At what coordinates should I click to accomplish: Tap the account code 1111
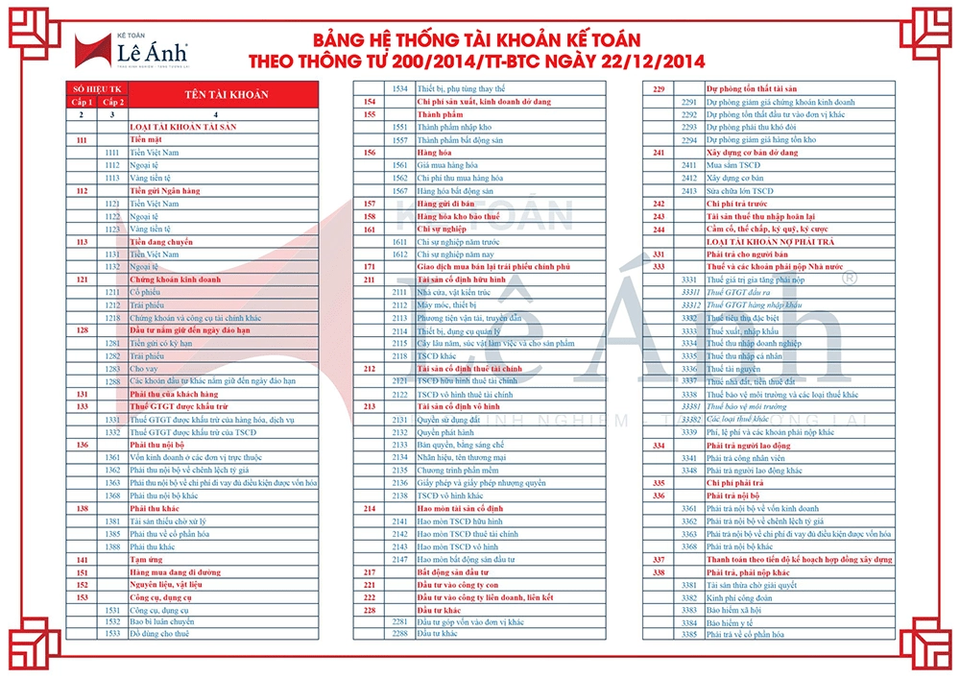pyautogui.click(x=112, y=152)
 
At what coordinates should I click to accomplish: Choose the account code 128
pyautogui.click(x=82, y=329)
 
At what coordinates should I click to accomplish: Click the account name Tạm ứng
pyautogui.click(x=146, y=558)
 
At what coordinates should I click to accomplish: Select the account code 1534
pyautogui.click(x=401, y=88)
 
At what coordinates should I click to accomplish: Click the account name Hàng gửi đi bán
pyautogui.click(x=446, y=204)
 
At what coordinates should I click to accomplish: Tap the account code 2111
pyautogui.click(x=400, y=291)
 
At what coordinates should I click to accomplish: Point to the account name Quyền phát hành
pyautogui.click(x=444, y=431)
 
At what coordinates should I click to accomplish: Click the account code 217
pyautogui.click(x=370, y=571)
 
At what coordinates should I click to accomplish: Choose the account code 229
pyautogui.click(x=659, y=88)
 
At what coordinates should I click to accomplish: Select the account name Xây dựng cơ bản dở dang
pyautogui.click(x=752, y=152)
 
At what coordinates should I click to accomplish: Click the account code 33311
pyautogui.click(x=688, y=291)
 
